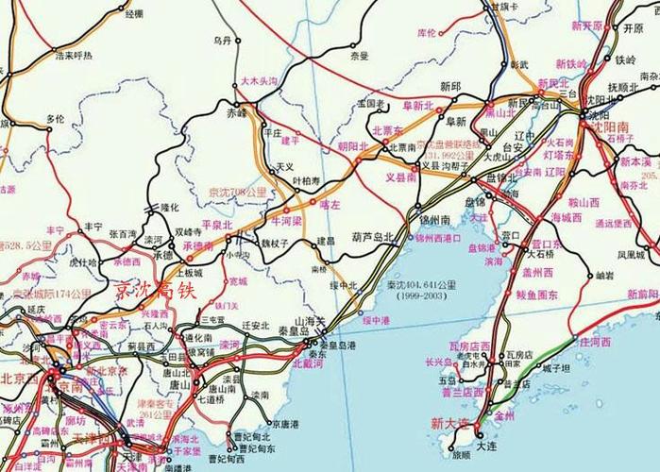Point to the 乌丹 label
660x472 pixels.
(222, 41)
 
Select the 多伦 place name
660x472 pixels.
(56, 120)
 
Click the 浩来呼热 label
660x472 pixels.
(74, 56)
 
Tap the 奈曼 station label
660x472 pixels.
(359, 56)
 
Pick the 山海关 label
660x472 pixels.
(310, 322)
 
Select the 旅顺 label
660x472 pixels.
(461, 454)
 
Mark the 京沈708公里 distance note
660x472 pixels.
(237, 193)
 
